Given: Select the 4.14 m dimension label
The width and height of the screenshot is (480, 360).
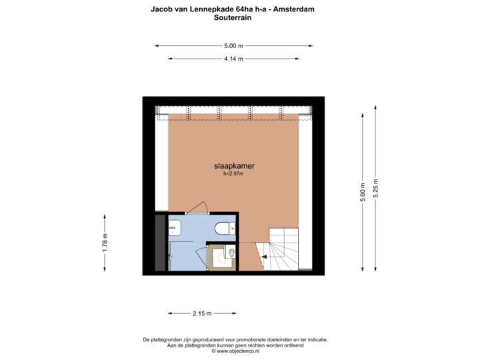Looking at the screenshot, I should pyautogui.click(x=233, y=59).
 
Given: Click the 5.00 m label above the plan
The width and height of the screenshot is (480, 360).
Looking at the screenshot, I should pyautogui.click(x=233, y=46).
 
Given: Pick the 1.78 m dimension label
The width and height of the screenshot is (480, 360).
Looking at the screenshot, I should pyautogui.click(x=104, y=243).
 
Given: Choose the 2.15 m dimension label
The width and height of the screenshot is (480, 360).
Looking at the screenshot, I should pyautogui.click(x=201, y=313).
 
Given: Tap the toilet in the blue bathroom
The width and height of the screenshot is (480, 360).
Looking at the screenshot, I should pyautogui.click(x=223, y=228).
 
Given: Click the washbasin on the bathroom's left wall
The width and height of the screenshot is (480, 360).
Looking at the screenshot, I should pyautogui.click(x=174, y=228).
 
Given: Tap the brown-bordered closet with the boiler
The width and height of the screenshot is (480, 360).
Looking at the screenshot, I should pyautogui.click(x=221, y=256).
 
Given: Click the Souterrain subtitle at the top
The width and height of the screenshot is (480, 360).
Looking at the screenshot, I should pyautogui.click(x=233, y=19).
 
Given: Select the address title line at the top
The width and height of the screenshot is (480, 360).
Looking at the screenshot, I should pyautogui.click(x=233, y=9).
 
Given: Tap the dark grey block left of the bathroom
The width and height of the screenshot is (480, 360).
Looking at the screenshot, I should pyautogui.click(x=159, y=243).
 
